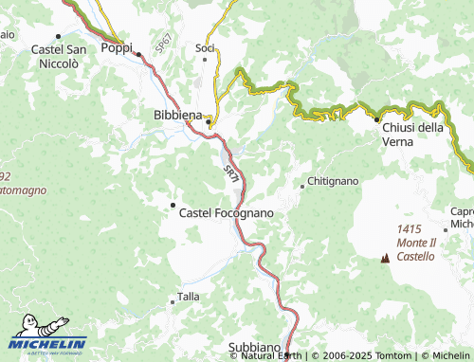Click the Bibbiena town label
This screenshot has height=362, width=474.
[x=177, y=115]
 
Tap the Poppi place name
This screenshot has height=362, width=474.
[x=116, y=47]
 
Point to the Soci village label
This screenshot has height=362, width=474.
[x=204, y=47]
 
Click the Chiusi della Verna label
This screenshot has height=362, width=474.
[x=412, y=135]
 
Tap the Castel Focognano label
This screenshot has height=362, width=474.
[x=226, y=213]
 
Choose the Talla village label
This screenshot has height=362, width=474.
[x=189, y=298]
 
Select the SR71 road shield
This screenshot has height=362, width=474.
[x=231, y=172]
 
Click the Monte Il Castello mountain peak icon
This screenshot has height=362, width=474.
[x=385, y=257]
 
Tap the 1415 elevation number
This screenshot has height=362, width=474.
[x=410, y=230]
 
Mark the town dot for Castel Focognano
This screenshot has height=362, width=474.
[x=173, y=205]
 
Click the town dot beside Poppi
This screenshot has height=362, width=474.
[x=138, y=54]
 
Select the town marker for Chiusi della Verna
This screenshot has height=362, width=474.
[x=376, y=120]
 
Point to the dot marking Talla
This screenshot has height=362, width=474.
[x=173, y=298]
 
